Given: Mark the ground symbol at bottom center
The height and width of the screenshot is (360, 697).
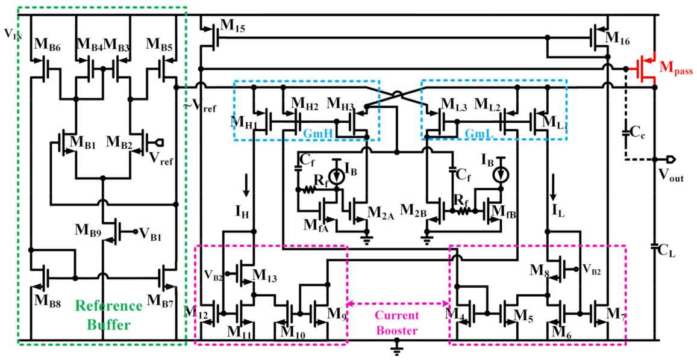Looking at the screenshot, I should [x=398, y=346].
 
